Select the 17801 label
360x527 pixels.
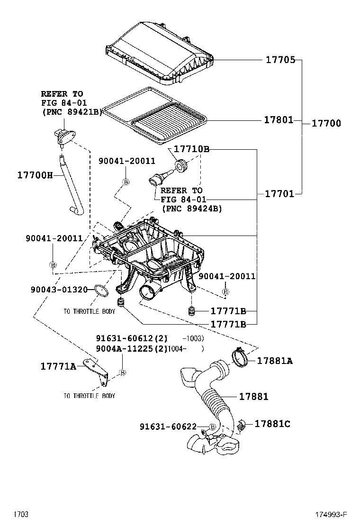coord(279,120)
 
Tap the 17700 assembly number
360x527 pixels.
coord(326,123)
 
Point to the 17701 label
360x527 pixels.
coord(279,193)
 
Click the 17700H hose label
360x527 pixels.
coord(35,175)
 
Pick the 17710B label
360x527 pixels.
coord(191,149)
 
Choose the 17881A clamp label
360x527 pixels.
coord(275,361)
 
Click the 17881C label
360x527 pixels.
coord(272,423)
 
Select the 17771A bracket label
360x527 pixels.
coord(58,366)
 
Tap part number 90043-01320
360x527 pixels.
coord(60,289)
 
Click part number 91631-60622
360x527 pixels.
coord(168,427)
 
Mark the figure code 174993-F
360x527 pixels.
coord(332,514)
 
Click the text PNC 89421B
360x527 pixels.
coord(71,112)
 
